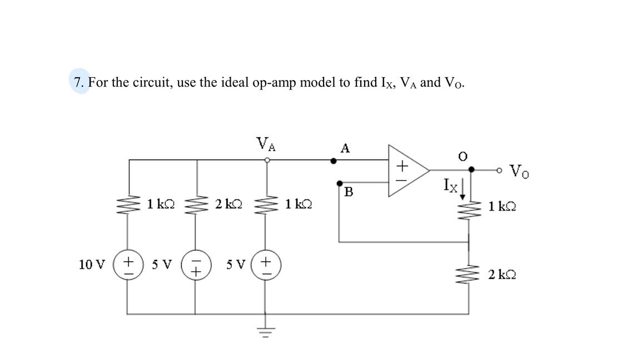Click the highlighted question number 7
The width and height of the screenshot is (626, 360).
pos(80,82)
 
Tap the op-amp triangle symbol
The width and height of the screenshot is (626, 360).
pos(406,171)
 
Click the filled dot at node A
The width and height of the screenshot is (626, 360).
pos(334,161)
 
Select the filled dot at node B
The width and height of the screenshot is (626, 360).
pos(339,182)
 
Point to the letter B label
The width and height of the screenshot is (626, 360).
pos(349,192)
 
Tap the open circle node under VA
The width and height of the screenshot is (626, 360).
pos(267,160)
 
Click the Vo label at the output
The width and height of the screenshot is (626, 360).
pos(519,170)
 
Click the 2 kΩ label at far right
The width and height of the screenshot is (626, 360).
pos(503,274)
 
